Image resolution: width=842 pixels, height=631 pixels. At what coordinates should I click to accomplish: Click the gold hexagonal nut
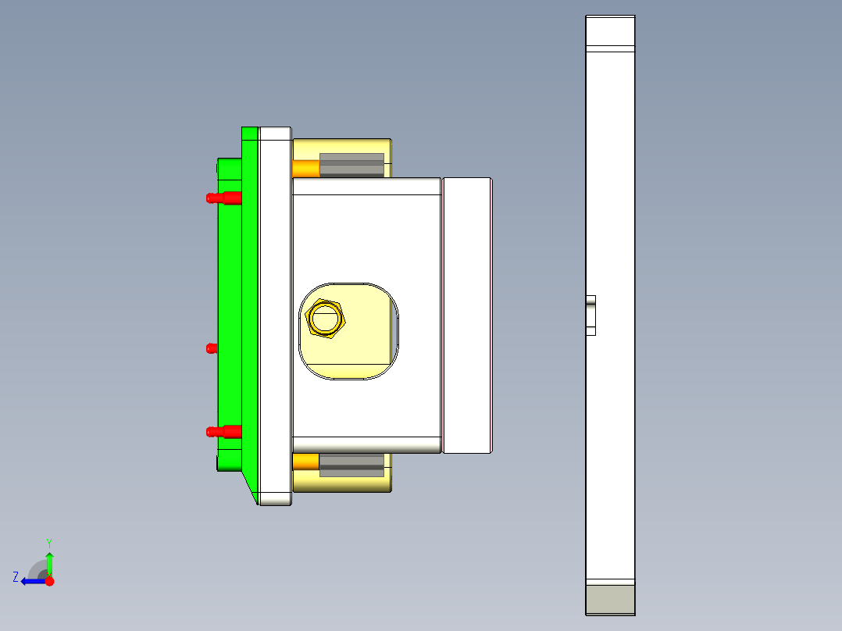[x=326, y=319]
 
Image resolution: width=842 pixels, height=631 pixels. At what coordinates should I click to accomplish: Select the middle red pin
[x=211, y=348]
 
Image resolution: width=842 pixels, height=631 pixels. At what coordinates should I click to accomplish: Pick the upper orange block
[x=305, y=168]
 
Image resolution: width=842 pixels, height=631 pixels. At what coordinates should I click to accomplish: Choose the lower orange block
[x=305, y=462]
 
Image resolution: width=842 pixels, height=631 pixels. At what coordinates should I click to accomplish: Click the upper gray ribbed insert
[x=351, y=165]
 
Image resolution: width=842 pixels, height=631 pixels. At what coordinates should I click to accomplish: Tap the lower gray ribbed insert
[x=351, y=465]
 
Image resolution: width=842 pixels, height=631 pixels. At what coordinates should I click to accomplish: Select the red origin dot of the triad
[x=49, y=581]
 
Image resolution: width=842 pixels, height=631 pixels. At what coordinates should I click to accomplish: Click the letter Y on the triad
[x=48, y=542]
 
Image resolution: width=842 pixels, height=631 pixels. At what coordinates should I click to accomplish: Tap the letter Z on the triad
[x=16, y=577]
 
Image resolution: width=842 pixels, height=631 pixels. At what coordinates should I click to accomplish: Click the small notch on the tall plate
[x=590, y=315]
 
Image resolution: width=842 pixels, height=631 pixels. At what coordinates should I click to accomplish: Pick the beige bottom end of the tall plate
[x=610, y=599]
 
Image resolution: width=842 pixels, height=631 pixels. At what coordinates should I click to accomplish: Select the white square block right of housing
[x=467, y=315]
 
